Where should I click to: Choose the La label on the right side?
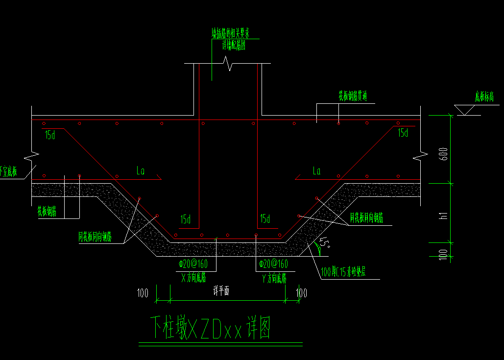click(316, 170)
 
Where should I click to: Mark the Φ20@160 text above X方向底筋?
click(193, 264)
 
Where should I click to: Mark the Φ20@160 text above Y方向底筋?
click(273, 264)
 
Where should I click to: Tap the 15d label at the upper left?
click(49, 135)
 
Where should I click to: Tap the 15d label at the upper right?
click(403, 133)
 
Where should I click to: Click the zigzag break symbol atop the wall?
click(228, 63)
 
